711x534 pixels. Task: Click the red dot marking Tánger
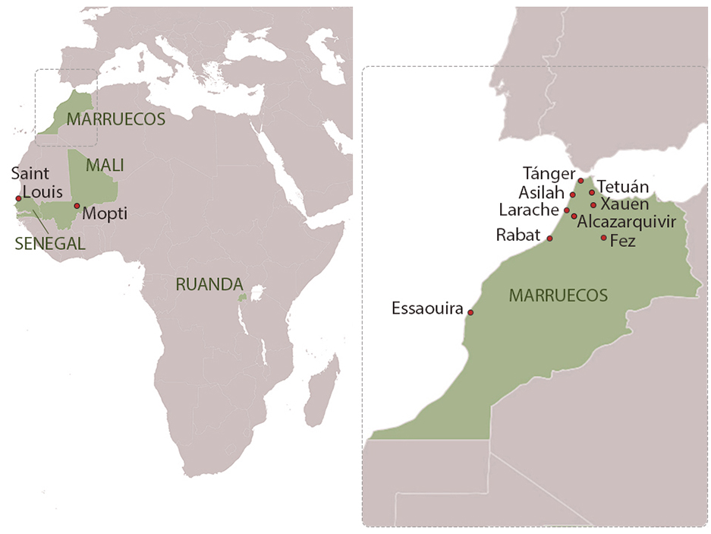(580, 181)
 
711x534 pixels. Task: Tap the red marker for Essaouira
(470, 312)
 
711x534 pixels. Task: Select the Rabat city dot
(550, 239)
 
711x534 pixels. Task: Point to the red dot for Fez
(603, 238)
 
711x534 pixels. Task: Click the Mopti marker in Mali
(77, 206)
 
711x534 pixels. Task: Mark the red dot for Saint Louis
(18, 198)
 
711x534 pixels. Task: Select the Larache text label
(530, 210)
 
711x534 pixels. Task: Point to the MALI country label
(105, 165)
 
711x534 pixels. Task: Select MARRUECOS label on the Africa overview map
(115, 118)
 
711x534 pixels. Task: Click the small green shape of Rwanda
(243, 298)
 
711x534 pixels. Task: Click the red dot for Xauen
(593, 205)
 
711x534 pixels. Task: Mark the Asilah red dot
(572, 195)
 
